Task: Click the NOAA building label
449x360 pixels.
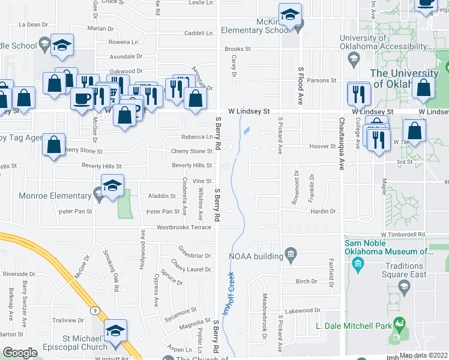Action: pyautogui.click(x=256, y=256)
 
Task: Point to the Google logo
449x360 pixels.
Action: pyautogui.click(x=20, y=353)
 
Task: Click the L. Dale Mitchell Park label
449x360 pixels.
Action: pyautogui.click(x=352, y=327)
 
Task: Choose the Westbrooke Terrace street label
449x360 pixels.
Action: pyautogui.click(x=184, y=227)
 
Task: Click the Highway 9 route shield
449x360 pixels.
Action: pyautogui.click(x=95, y=311)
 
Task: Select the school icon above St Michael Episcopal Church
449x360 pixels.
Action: pyautogui.click(x=116, y=332)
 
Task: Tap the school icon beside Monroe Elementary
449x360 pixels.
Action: pyautogui.click(x=112, y=185)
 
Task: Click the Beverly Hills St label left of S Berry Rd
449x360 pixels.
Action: pyautogui.click(x=192, y=165)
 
